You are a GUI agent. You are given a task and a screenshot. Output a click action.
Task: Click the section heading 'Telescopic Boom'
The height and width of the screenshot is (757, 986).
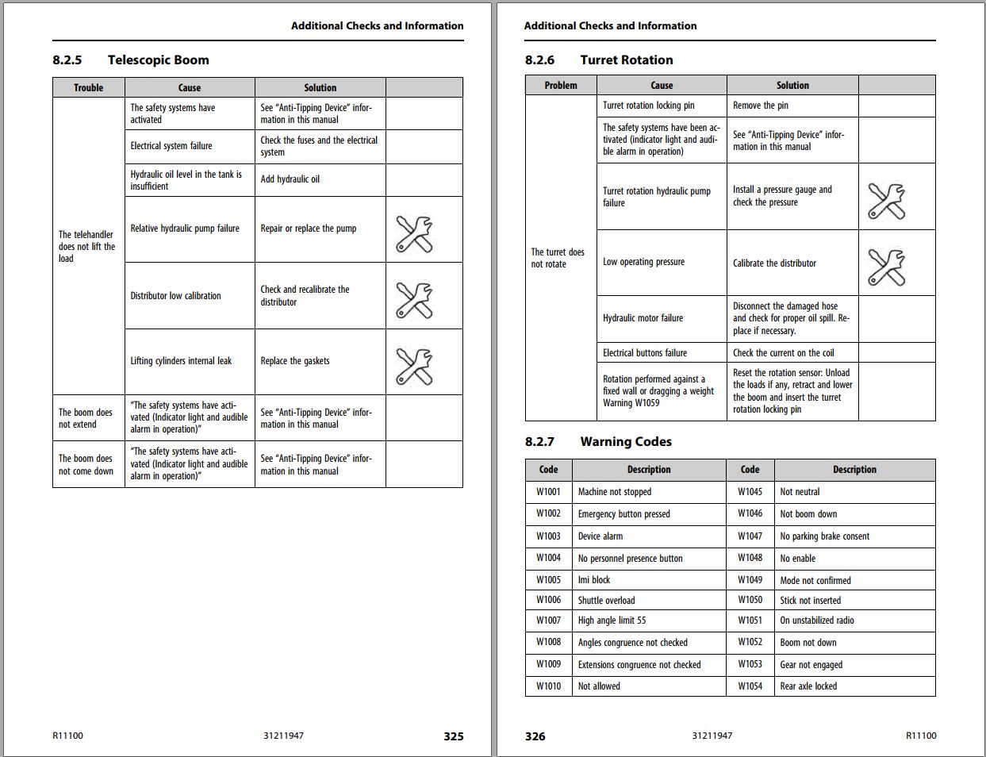pos(158,60)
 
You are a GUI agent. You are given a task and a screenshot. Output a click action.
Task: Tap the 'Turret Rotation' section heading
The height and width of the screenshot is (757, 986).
pos(626,60)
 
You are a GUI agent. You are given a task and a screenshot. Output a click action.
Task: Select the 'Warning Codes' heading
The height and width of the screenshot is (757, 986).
pos(625,442)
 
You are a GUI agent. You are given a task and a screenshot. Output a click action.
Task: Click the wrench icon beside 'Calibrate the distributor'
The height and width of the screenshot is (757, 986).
pos(886,267)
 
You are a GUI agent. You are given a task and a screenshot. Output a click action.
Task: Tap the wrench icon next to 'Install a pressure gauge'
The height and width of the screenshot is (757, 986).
pos(886,202)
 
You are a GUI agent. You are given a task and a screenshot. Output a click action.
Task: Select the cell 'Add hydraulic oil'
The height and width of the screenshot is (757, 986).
pos(290,179)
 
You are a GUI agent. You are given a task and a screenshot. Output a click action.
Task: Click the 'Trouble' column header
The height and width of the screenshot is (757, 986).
pos(88,88)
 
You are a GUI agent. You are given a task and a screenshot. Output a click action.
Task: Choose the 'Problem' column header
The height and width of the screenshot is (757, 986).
pos(561,86)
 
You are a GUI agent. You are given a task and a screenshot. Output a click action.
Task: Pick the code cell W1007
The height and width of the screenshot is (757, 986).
pos(548,621)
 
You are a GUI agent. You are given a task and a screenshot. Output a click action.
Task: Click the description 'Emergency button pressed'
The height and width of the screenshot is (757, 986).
pos(623,514)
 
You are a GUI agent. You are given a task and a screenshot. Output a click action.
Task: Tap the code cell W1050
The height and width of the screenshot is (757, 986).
pos(750,601)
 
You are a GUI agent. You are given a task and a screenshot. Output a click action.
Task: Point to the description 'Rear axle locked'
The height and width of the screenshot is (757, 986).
pos(808,686)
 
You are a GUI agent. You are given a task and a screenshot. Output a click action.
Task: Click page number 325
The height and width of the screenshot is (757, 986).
pos(453,736)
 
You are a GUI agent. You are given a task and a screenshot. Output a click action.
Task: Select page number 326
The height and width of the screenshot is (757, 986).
pos(535,736)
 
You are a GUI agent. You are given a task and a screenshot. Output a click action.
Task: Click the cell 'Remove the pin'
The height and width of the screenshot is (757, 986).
pos(760,106)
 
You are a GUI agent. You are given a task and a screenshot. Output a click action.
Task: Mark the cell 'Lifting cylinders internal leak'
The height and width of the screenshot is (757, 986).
pos(181,361)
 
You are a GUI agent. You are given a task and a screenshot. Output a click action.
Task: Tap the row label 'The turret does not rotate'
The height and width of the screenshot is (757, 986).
pos(558,258)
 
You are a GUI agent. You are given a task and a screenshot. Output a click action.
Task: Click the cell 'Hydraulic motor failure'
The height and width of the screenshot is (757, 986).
pos(643,318)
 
